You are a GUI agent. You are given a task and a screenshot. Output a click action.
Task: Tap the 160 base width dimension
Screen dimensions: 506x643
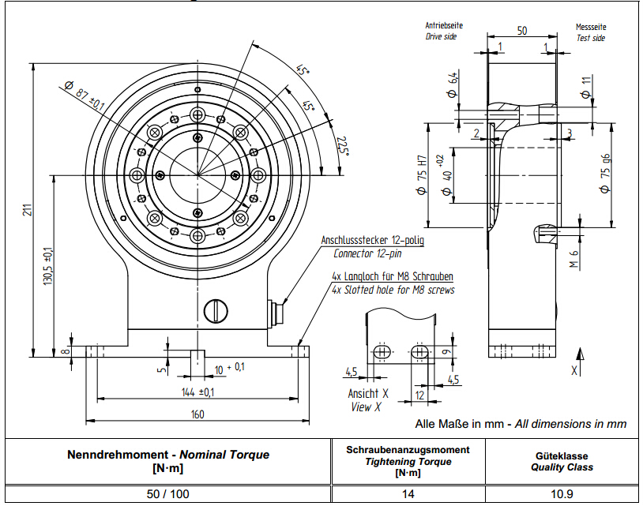[x=197, y=414]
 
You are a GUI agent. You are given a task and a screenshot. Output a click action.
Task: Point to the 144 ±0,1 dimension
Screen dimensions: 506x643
[x=197, y=392]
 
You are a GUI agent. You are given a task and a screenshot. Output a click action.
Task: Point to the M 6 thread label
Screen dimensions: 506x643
[x=574, y=257]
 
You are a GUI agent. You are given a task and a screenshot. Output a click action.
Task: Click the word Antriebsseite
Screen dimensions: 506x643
[x=444, y=25]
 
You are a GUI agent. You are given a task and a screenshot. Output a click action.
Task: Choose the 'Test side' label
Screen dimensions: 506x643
[x=590, y=37]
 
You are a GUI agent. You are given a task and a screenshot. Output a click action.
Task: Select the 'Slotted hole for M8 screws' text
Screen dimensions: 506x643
[x=393, y=290]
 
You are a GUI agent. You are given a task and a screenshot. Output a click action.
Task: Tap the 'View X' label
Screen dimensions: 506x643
[x=366, y=407]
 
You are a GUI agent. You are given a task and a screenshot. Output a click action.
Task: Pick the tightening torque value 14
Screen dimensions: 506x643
[x=408, y=493]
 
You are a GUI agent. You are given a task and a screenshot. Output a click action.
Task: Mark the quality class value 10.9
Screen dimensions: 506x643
[x=561, y=493]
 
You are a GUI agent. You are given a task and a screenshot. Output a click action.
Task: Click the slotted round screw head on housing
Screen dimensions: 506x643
[x=215, y=310]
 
